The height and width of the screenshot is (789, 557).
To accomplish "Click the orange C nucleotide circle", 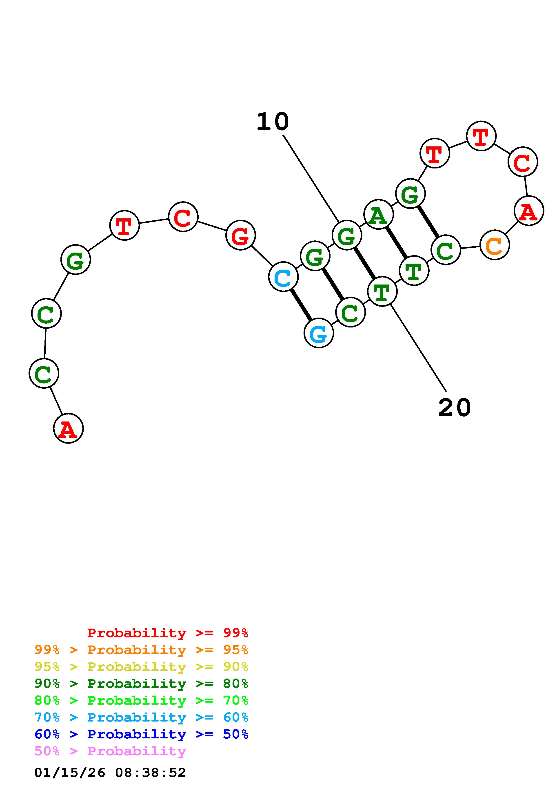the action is coord(495,245).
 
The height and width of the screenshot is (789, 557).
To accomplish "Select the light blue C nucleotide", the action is coord(283,277).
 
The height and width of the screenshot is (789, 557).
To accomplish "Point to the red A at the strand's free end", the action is coord(68,428).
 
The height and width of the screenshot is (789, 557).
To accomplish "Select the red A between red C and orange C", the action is coord(529,211).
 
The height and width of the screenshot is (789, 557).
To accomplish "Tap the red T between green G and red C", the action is coord(124,225).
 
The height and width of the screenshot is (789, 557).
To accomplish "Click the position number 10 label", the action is coord(273,122).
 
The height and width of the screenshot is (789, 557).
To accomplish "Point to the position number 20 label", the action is coord(454,408).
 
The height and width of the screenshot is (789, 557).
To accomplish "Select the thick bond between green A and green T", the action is coord(396,243).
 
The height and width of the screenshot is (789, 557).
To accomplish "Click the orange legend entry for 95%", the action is coord(141,650).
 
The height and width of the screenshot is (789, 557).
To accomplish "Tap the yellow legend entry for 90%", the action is coord(141,667).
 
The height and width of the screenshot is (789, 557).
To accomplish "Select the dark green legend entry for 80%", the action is coord(141,684).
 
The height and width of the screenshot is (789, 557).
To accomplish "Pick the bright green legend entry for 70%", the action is coord(141,700).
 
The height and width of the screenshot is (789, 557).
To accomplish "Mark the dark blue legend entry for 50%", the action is coord(141,734).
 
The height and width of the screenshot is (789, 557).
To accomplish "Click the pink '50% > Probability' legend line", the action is coord(110,751).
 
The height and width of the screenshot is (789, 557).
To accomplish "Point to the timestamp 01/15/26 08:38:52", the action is coord(110,772).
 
